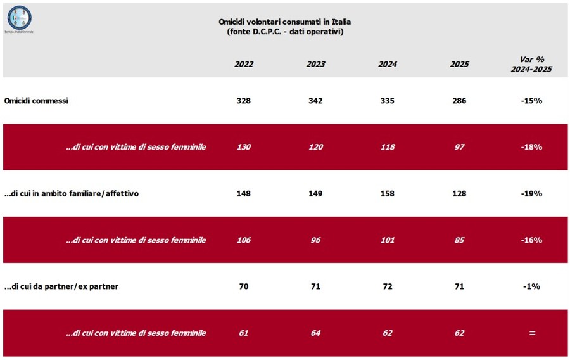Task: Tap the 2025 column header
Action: (459, 64)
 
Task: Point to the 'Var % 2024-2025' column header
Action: (531, 64)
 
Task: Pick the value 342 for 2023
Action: (315, 101)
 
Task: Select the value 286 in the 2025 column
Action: (459, 101)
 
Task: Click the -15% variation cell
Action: (531, 101)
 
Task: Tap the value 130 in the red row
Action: (243, 147)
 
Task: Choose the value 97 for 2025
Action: (459, 147)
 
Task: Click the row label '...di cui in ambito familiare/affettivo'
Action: (71, 193)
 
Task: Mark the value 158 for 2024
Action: (387, 193)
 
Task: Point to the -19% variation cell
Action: (531, 193)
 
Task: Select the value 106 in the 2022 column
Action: (243, 240)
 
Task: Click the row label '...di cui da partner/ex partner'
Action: (61, 286)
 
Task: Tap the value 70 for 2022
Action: (243, 286)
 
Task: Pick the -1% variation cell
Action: (531, 286)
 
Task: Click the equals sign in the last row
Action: (531, 333)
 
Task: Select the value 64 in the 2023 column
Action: (315, 333)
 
